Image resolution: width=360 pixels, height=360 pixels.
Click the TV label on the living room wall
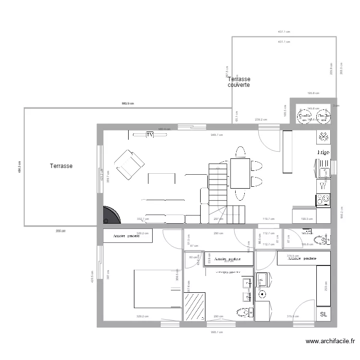tap(150, 135)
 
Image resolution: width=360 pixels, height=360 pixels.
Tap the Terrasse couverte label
tap(239, 82)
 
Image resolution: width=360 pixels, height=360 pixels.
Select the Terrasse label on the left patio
tap(61, 166)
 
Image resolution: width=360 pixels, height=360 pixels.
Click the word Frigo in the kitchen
tap(323, 152)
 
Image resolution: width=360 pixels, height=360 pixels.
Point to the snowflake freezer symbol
tap(323, 137)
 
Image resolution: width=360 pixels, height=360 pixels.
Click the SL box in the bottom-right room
tap(323, 314)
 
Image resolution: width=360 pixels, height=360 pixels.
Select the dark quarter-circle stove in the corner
tap(110, 216)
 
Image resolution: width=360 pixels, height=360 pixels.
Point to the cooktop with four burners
tap(324, 198)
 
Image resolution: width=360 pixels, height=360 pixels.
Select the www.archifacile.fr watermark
tap(330, 342)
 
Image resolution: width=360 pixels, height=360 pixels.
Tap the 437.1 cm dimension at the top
tap(284, 32)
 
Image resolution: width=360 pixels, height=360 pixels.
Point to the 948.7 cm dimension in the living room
tap(217, 135)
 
